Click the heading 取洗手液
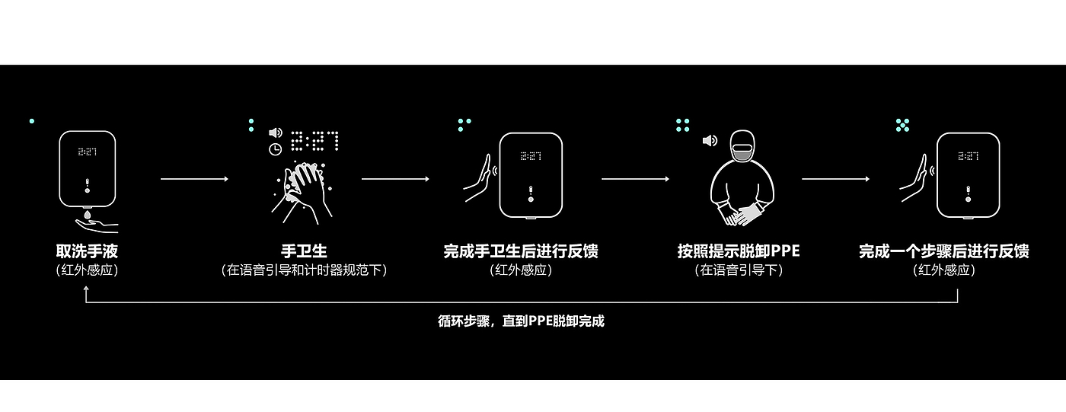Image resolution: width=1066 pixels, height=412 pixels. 87,251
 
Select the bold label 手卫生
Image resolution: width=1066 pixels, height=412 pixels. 304,251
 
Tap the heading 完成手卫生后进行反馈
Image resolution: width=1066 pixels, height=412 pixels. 521,251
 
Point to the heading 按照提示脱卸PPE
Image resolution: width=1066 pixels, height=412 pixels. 739,251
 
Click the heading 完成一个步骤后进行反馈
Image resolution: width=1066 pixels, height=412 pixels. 944,251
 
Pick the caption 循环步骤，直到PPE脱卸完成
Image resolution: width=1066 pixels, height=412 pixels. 521,321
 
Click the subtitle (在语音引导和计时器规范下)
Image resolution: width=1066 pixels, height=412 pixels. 304,270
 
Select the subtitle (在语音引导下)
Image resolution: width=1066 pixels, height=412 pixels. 739,270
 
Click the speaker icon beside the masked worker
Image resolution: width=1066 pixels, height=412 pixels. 710,141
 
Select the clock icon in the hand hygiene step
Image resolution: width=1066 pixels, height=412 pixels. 275,150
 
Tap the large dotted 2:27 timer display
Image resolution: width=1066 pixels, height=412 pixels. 315,141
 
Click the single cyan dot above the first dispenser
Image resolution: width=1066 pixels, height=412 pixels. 31,121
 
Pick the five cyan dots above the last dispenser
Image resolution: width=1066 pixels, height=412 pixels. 902,125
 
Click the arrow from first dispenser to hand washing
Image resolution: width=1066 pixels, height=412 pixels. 194,179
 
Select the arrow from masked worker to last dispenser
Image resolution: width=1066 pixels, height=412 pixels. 835,179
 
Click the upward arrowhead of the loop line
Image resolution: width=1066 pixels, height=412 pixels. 86,290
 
